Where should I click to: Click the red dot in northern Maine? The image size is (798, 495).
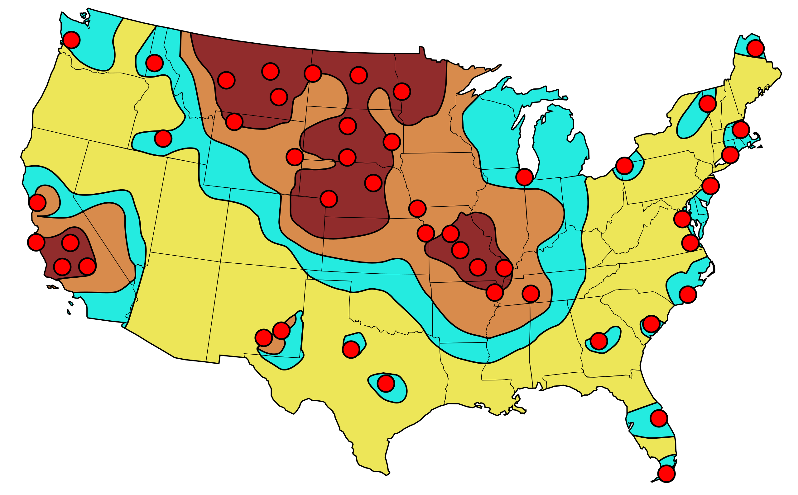click(x=755, y=49)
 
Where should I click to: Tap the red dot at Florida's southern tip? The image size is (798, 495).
click(x=666, y=474)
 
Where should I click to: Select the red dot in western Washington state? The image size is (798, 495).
click(x=71, y=40)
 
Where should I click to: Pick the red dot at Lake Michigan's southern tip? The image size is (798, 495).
click(x=524, y=177)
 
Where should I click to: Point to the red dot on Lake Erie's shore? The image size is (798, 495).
click(x=625, y=166)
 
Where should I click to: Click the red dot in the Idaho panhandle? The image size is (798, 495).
click(x=155, y=63)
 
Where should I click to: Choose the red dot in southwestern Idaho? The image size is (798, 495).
click(x=163, y=139)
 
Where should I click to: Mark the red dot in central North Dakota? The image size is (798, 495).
click(x=358, y=75)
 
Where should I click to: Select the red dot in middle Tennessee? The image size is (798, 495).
click(x=531, y=294)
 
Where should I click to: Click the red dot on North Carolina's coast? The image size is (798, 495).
click(x=688, y=294)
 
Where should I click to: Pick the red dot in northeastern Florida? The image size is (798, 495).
click(x=659, y=418)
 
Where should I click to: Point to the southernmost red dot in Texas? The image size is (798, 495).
click(x=386, y=383)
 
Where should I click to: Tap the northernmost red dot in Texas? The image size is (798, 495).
click(x=351, y=350)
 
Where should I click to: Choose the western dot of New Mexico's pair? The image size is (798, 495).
click(x=264, y=338)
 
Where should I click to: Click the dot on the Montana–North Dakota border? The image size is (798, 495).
click(x=313, y=73)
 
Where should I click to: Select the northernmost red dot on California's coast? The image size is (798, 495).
click(x=38, y=203)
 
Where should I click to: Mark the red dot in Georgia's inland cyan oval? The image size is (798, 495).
click(x=599, y=341)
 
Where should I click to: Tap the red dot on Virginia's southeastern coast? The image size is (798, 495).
click(x=690, y=243)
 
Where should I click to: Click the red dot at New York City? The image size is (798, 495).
click(x=710, y=186)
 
